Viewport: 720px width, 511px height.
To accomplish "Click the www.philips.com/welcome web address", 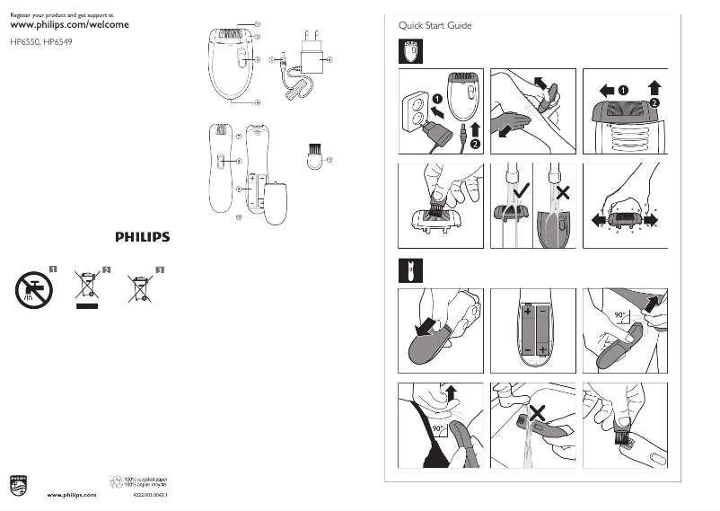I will coord(62,24).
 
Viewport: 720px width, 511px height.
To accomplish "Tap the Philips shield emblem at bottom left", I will coord(18,485).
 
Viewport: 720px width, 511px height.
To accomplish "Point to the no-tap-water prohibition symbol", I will coord(34,289).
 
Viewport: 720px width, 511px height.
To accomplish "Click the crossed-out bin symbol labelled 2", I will coord(87,288).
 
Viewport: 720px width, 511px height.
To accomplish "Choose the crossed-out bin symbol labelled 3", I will coord(140,288).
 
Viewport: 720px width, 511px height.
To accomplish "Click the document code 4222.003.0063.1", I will coord(150,495).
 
